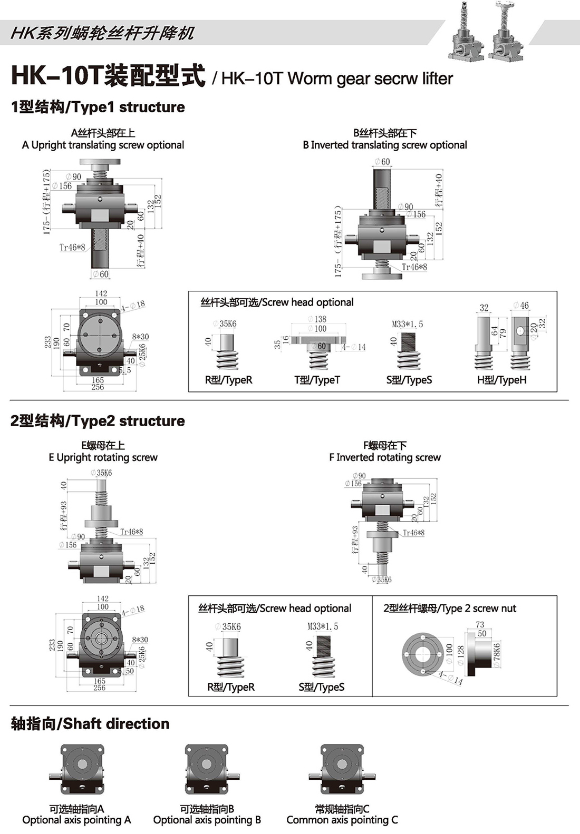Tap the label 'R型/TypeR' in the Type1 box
coord(228,380)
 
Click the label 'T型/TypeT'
coord(317,380)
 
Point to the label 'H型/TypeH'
coord(501,380)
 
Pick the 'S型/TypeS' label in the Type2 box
coord(321,687)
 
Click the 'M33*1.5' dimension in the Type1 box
coord(407,324)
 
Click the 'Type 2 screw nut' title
coord(450,609)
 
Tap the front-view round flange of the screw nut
coord(422,654)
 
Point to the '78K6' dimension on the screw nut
coord(496,655)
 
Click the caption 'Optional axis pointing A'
coord(76,820)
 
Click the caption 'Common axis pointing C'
coord(342,820)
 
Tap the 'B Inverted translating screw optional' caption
coord(385,145)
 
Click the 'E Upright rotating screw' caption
coord(103,457)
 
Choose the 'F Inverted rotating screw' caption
coord(385,457)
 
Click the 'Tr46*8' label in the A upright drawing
coord(72,247)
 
